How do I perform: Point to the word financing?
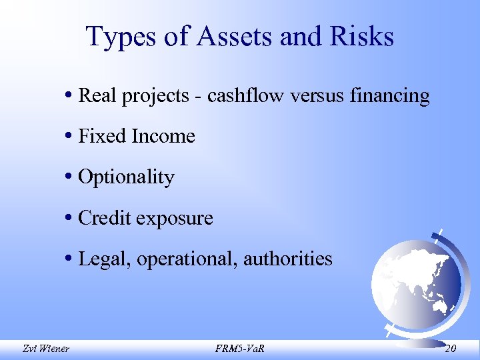[389, 97]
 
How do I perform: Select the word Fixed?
[102, 136]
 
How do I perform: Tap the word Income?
[163, 136]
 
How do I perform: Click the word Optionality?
[126, 178]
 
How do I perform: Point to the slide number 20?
[450, 348]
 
